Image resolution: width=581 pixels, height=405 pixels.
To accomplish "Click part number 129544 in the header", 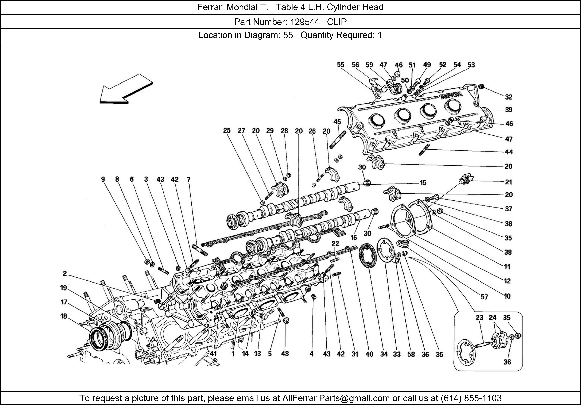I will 305,22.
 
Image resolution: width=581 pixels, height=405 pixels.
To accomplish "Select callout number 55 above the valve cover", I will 340,65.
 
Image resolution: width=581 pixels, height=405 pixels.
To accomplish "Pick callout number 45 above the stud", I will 337,122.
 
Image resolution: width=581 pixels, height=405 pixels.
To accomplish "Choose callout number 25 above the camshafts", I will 227,130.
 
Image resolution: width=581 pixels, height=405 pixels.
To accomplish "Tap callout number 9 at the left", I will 103,179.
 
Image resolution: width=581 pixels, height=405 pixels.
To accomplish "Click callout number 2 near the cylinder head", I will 65,273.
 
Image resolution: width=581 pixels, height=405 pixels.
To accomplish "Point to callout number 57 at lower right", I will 484,297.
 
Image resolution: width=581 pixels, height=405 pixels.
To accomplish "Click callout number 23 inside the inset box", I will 479,318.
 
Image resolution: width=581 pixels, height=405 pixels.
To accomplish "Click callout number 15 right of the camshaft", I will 423,183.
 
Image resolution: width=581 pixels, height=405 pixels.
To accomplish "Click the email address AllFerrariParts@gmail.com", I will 336,398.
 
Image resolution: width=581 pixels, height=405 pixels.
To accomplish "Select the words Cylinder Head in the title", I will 355,7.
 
